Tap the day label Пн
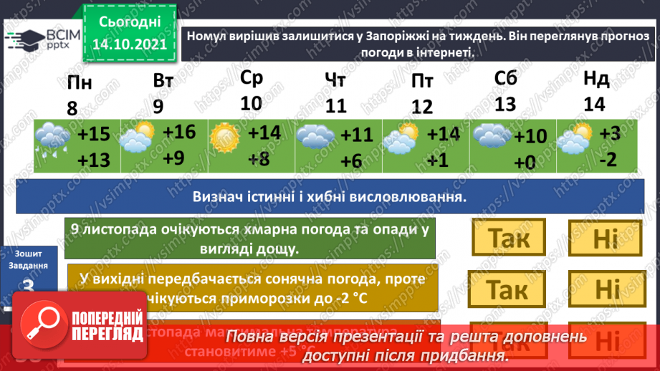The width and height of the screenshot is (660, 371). (x=79, y=83)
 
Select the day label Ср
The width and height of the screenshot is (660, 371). (x=252, y=77)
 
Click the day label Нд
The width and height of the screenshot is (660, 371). (x=596, y=78)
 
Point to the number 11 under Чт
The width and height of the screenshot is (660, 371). (x=335, y=106)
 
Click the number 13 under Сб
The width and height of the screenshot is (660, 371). (x=505, y=104)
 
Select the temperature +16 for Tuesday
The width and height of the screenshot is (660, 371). (x=178, y=132)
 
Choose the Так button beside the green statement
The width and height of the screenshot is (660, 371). (x=508, y=237)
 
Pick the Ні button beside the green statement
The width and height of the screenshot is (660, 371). (x=604, y=237)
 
